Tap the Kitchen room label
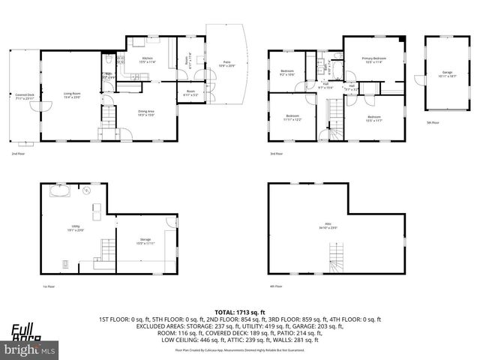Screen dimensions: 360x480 pos(148,61)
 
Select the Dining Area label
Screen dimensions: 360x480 pos(147,113)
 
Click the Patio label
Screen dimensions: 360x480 pos(226,64)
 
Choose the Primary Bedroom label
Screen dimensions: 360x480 pos(373,60)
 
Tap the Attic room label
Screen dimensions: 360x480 pos(328,224)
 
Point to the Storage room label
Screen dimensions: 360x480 pos(145,242)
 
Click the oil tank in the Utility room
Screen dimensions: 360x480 pos(58,191)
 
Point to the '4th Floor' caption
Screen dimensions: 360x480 pos(276,286)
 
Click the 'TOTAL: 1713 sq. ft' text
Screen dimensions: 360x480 pos(239,311)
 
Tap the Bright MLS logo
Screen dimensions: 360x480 pos(30,349)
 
